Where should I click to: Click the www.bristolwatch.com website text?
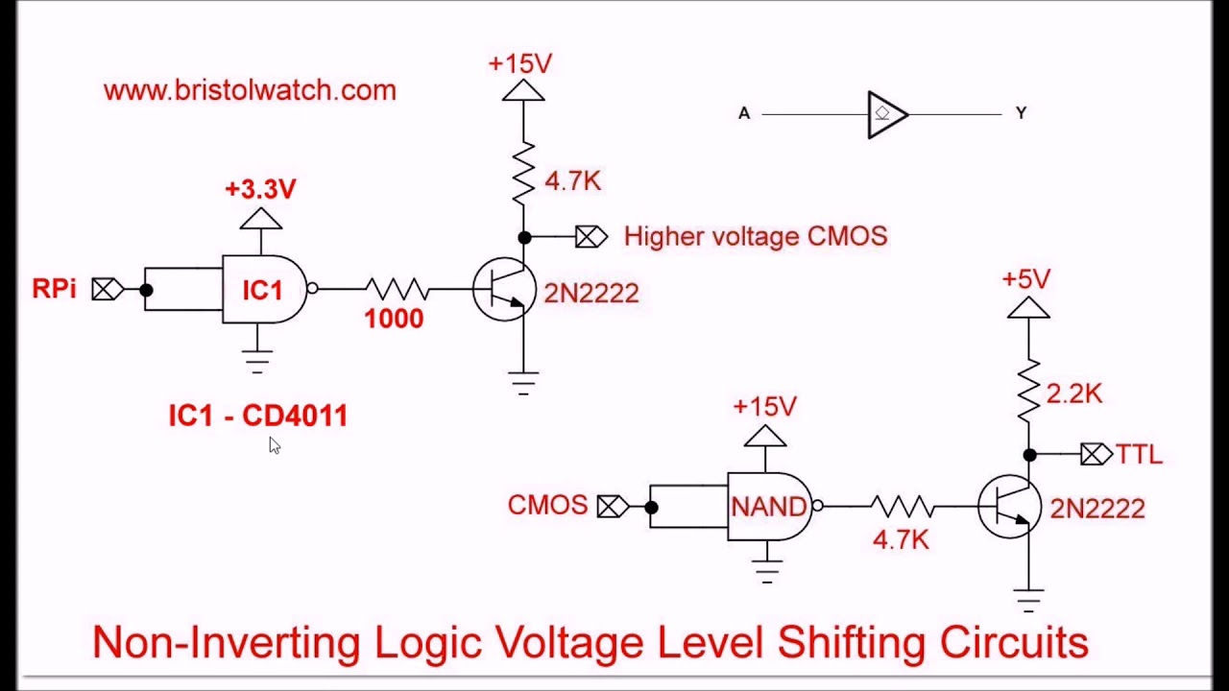(x=250, y=90)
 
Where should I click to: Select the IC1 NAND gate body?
(x=264, y=289)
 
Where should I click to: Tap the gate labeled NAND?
(x=770, y=506)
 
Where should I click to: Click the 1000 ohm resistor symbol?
(x=398, y=289)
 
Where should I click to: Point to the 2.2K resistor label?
(x=1073, y=393)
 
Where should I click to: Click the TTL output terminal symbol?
(x=1096, y=455)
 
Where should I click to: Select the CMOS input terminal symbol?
(x=614, y=507)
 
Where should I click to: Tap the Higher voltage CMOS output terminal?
(x=591, y=237)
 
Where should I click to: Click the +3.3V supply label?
(x=260, y=189)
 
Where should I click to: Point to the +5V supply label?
(x=1026, y=279)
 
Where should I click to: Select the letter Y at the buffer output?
(x=1021, y=113)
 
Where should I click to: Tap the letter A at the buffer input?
(x=744, y=113)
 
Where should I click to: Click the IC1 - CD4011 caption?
(x=258, y=416)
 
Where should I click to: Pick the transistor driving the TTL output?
(x=1009, y=506)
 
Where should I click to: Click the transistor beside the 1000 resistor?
(x=504, y=289)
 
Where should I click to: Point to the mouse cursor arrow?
(x=275, y=445)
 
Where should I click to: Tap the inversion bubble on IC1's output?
(x=312, y=289)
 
